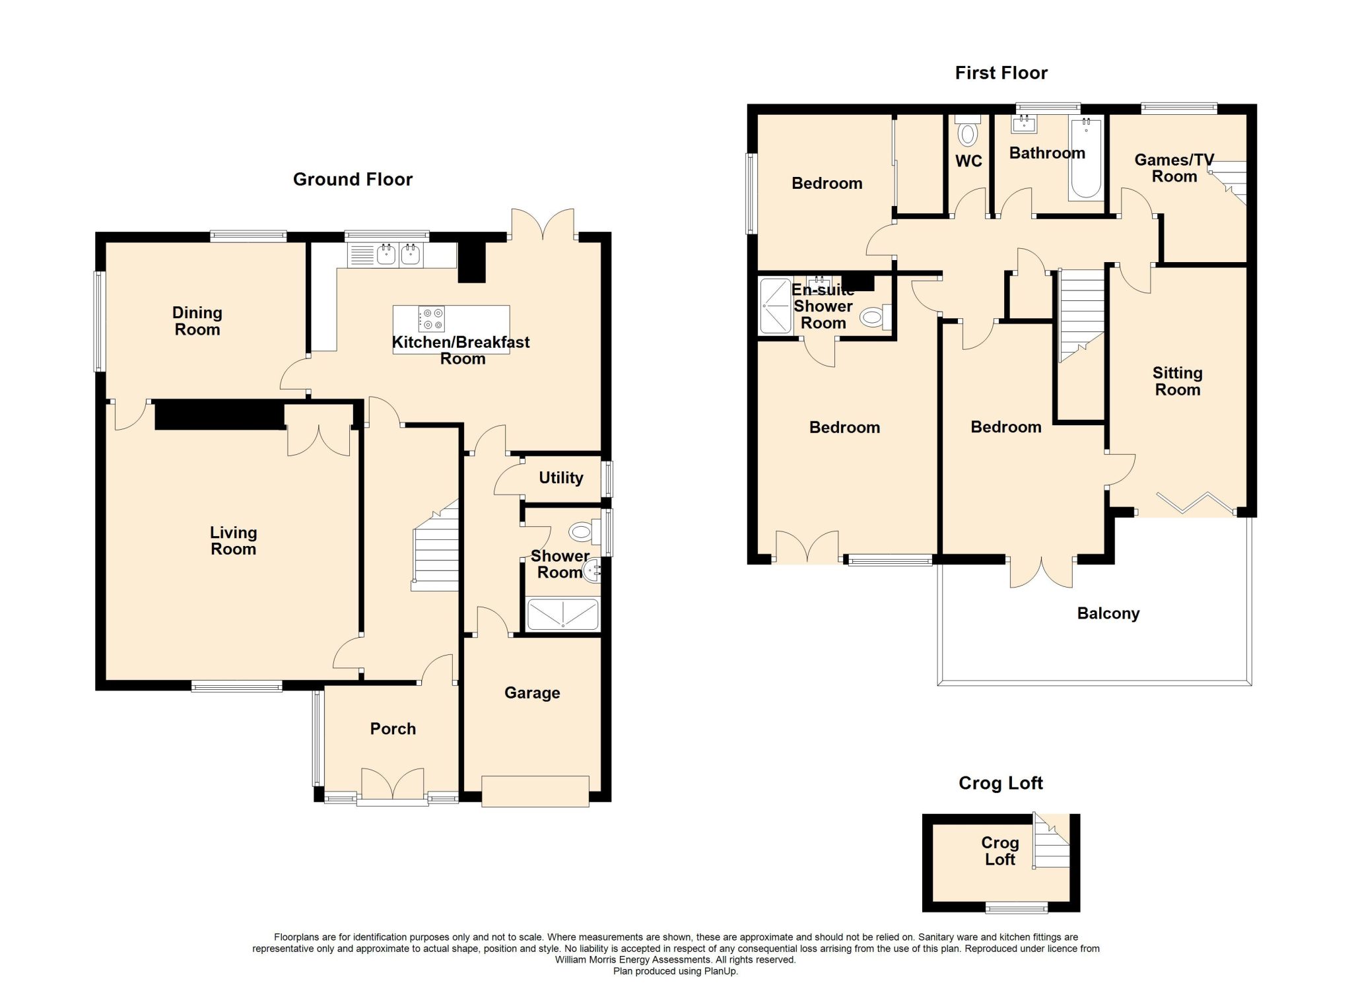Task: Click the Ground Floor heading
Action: coord(353,180)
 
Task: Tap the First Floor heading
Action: coord(1001,73)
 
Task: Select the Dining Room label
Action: coord(197,321)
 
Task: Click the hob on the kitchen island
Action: coord(432,319)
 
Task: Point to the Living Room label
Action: coord(233,541)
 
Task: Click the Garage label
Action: coord(532,693)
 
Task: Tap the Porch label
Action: coord(393,729)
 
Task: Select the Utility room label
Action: coord(561,478)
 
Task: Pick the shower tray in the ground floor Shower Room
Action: coord(562,614)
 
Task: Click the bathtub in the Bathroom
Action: coord(1085,158)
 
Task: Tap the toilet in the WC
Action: coord(968,131)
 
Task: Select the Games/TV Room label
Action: coord(1174,168)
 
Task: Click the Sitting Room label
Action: coord(1177,382)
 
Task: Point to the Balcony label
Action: coord(1108,614)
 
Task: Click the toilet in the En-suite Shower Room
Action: coord(876,318)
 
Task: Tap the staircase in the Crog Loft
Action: coord(1052,841)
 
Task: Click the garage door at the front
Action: coord(535,792)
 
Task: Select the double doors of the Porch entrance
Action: coord(393,784)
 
